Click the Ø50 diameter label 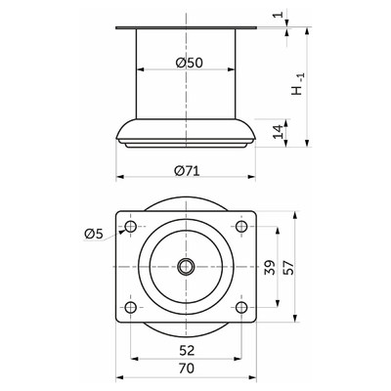coord(189,63)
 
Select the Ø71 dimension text coord(187,170)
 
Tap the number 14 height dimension coord(278,131)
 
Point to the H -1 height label coord(297,84)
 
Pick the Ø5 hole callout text coord(94,234)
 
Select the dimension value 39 coord(270,267)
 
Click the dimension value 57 coord(288,267)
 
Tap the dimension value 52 coord(187,350)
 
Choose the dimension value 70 coord(187,369)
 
